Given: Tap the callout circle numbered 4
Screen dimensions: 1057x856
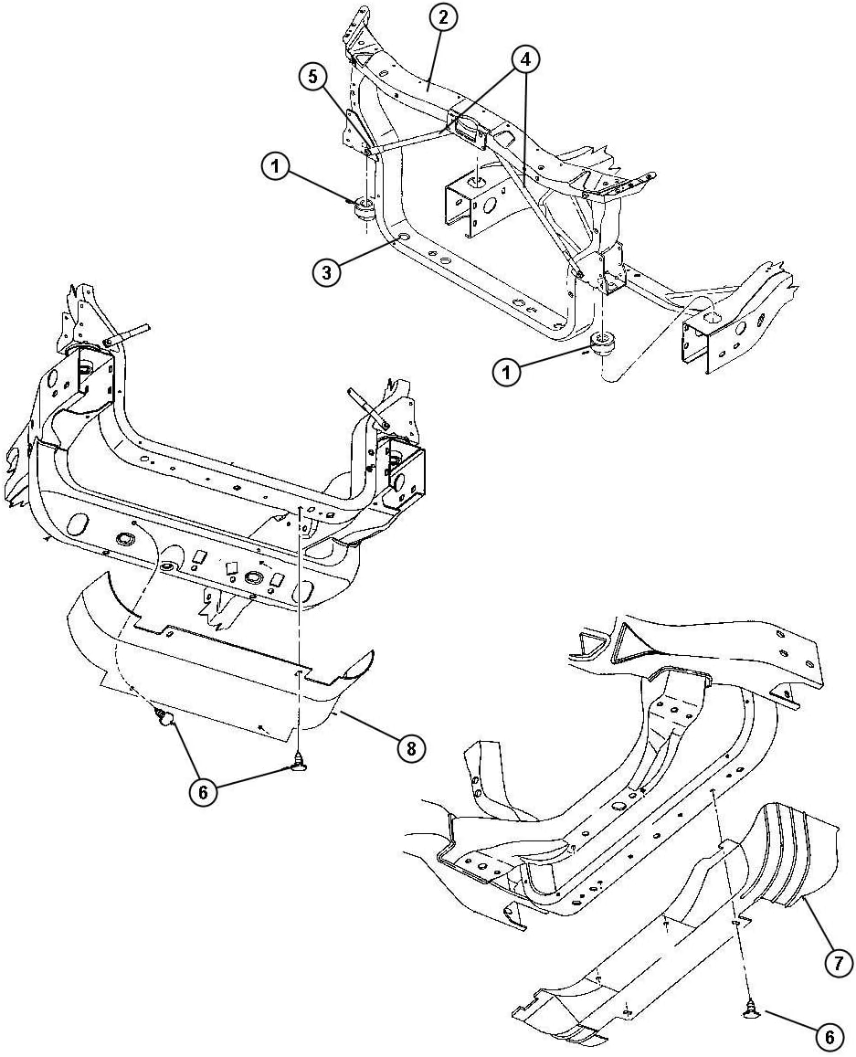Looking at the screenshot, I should tap(524, 60).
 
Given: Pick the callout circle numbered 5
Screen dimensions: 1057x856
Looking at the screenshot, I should tap(314, 78).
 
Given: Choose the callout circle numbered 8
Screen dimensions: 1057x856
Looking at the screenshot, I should tap(410, 748).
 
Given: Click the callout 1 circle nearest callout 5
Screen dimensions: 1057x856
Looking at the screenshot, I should tap(275, 166).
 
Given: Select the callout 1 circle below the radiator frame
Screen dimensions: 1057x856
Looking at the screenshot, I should tap(509, 372).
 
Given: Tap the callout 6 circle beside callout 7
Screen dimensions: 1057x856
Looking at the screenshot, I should tap(828, 1037).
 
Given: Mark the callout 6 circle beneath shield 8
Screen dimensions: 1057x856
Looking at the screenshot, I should tap(203, 792).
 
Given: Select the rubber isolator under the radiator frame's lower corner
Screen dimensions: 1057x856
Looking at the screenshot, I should tap(603, 344).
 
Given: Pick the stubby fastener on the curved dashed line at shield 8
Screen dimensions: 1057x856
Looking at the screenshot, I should tap(165, 718).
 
